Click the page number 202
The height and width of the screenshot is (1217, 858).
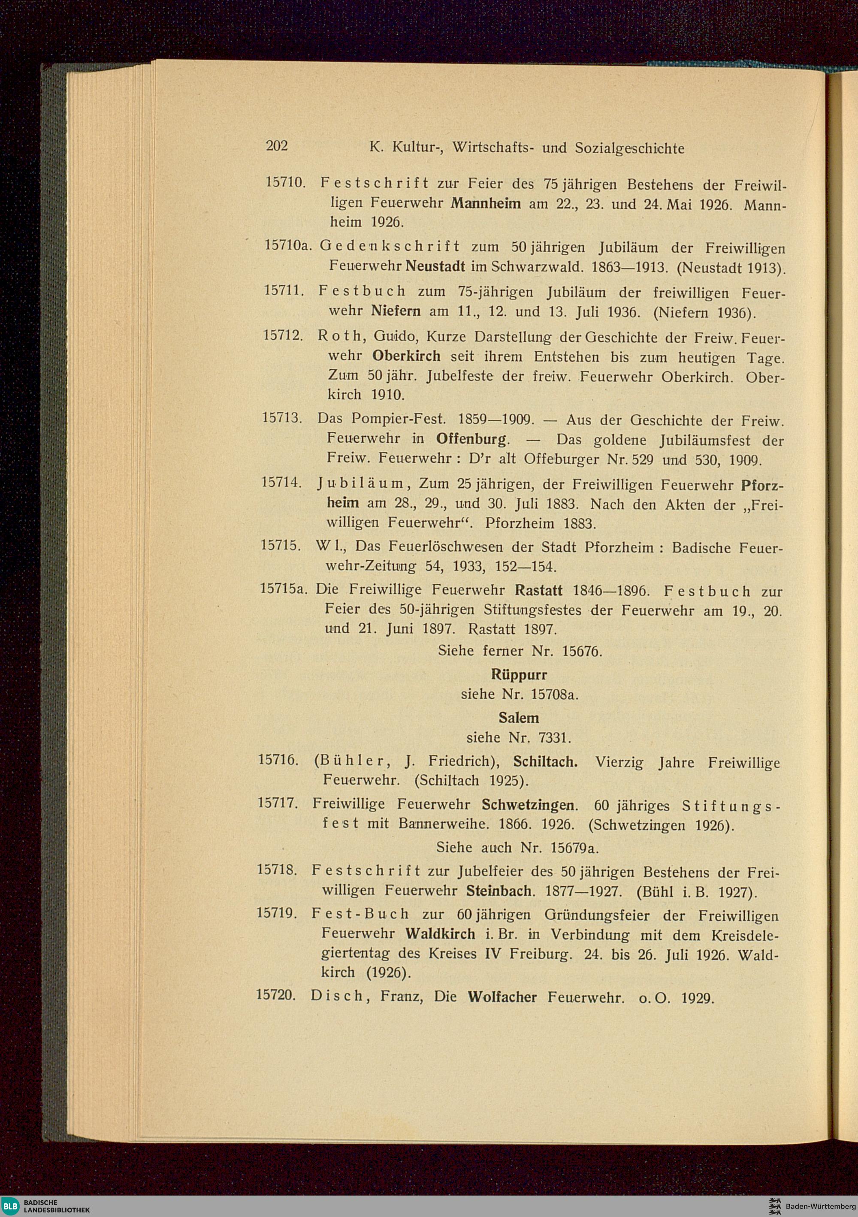point(277,146)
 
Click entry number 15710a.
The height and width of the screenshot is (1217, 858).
point(286,246)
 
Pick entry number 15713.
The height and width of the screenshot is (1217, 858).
point(282,418)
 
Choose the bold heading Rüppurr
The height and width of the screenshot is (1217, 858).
point(518,675)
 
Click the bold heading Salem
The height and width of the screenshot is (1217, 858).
point(518,718)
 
